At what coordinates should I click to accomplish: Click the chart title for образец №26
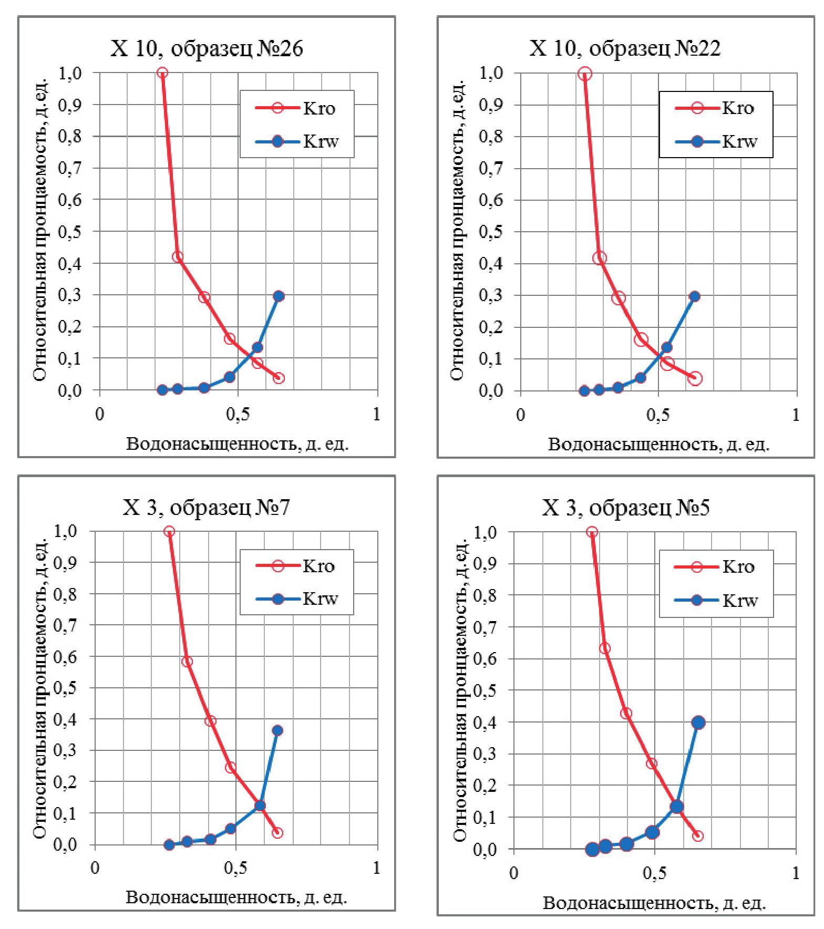coord(206,49)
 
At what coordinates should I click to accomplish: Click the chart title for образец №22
coord(624,48)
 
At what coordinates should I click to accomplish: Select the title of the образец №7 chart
coord(206,508)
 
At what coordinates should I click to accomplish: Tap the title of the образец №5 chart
coord(625,508)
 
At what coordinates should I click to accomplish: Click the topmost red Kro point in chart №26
coord(162,73)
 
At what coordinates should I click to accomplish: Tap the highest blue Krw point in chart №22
coord(694,296)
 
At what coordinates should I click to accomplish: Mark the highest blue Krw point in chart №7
coord(277,730)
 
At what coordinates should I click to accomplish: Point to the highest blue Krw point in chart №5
coord(698,722)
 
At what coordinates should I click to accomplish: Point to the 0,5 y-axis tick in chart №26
coord(77,232)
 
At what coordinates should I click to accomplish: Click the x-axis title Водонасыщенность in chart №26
coord(238,445)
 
